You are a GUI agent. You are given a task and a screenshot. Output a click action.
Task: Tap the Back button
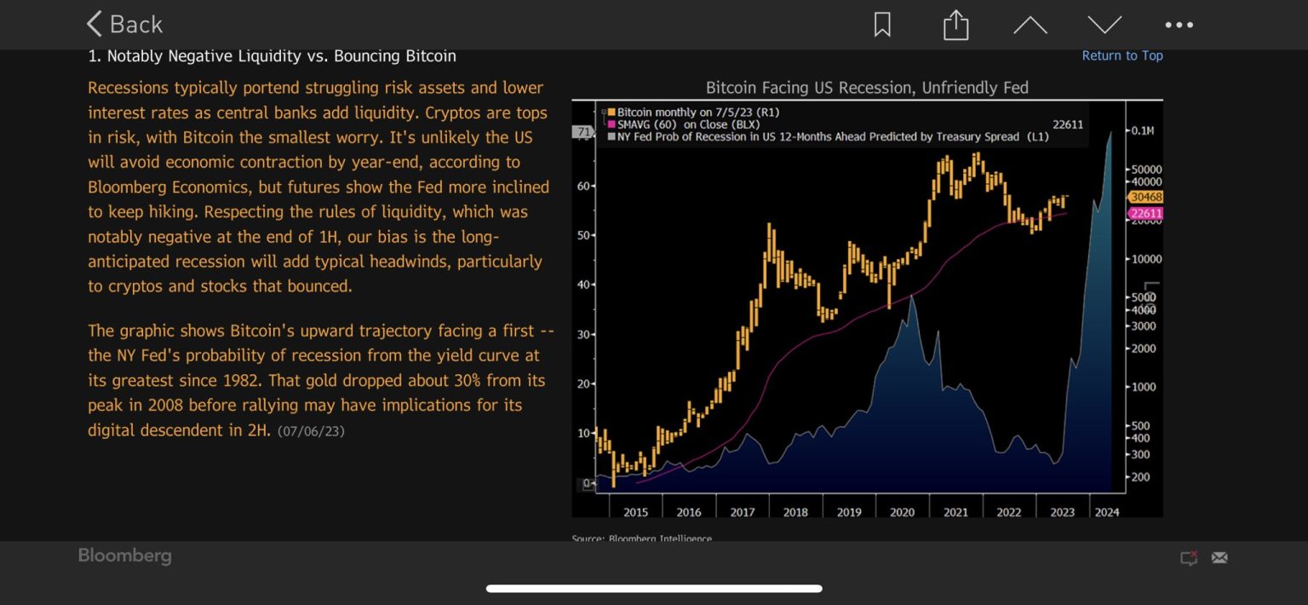124,25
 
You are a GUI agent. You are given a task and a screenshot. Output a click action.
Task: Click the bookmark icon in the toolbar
882,25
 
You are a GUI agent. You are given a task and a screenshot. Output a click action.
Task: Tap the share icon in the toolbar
955,25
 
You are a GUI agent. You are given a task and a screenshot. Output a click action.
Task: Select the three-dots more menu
1179,25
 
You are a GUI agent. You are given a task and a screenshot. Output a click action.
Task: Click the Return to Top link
1122,55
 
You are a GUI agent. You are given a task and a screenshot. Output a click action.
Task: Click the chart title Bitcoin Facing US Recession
867,87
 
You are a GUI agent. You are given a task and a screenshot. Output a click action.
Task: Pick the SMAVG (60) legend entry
678,124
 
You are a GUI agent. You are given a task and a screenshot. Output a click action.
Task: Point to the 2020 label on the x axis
902,512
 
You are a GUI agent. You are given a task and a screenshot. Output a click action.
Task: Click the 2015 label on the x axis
635,512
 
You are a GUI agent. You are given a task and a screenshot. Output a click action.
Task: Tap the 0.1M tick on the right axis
1142,131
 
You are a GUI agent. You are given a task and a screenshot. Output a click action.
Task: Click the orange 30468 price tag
1145,197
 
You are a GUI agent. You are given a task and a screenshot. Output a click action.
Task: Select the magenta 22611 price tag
1145,213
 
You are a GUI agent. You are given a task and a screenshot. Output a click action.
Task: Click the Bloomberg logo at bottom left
124,556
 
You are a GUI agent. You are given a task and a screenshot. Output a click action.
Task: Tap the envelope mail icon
1219,557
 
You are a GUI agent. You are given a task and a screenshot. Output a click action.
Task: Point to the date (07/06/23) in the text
311,431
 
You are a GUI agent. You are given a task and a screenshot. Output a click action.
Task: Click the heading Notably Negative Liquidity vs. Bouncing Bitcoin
272,56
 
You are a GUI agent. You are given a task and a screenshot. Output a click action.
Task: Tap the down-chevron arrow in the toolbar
1104,25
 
